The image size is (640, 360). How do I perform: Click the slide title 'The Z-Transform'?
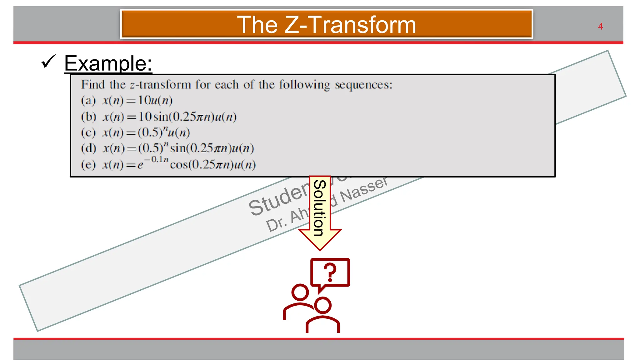coord(326,25)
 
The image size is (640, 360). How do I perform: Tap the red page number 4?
coord(600,27)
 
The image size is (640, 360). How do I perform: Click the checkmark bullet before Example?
coord(48,61)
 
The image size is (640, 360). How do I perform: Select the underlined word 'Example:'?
coord(108,63)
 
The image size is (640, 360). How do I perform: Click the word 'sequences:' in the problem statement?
coord(363,85)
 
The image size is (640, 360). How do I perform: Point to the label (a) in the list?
coord(88,101)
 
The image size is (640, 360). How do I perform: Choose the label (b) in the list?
coord(88,117)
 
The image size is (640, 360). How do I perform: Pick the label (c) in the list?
coord(88,133)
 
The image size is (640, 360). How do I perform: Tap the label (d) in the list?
coord(88,148)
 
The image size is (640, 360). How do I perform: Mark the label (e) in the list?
coord(88,165)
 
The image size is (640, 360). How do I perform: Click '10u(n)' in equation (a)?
coord(155,101)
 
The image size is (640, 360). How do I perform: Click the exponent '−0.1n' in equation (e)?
coord(156,160)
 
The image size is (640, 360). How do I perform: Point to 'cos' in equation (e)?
coord(179,165)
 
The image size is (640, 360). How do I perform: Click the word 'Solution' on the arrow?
coord(320,208)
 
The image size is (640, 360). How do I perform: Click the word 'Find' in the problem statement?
coord(93,84)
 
